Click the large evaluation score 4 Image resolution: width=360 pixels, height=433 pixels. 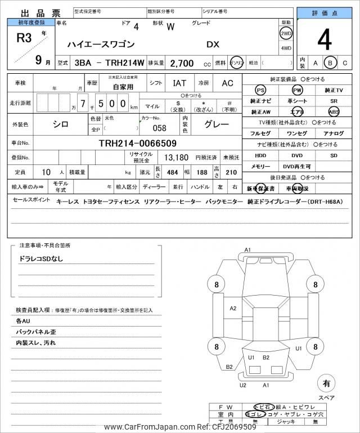click(324, 40)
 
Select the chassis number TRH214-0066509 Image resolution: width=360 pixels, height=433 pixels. click(138, 143)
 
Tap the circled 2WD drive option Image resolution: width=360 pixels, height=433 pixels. click(286, 33)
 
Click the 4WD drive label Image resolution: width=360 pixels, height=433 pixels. click(286, 48)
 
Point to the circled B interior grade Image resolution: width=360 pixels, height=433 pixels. click(331, 63)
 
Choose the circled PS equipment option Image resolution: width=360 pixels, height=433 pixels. click(260, 90)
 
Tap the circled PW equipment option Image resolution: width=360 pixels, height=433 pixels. click(297, 90)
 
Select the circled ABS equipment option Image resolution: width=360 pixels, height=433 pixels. click(334, 111)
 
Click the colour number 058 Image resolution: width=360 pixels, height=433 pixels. click(160, 128)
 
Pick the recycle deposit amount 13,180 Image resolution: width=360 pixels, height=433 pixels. click(175, 157)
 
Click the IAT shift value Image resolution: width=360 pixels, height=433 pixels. click(179, 83)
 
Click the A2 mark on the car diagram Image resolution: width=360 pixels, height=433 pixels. click(233, 308)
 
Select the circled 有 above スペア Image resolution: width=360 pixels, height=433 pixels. click(326, 383)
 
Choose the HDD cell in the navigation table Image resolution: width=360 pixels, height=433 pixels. click(260, 155)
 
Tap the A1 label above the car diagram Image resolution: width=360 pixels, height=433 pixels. click(247, 249)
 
